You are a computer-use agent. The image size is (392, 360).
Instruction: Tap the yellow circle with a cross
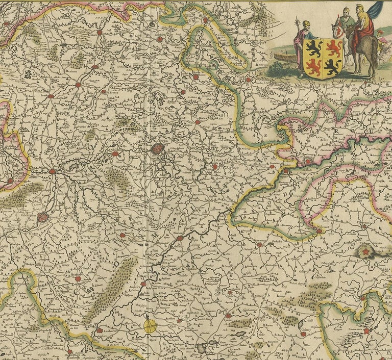click(151, 326)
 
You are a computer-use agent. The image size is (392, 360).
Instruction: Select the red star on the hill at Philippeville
click(365, 251)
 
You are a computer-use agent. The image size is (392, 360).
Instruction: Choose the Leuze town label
click(50, 95)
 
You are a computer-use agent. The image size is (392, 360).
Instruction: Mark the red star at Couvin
click(366, 331)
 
